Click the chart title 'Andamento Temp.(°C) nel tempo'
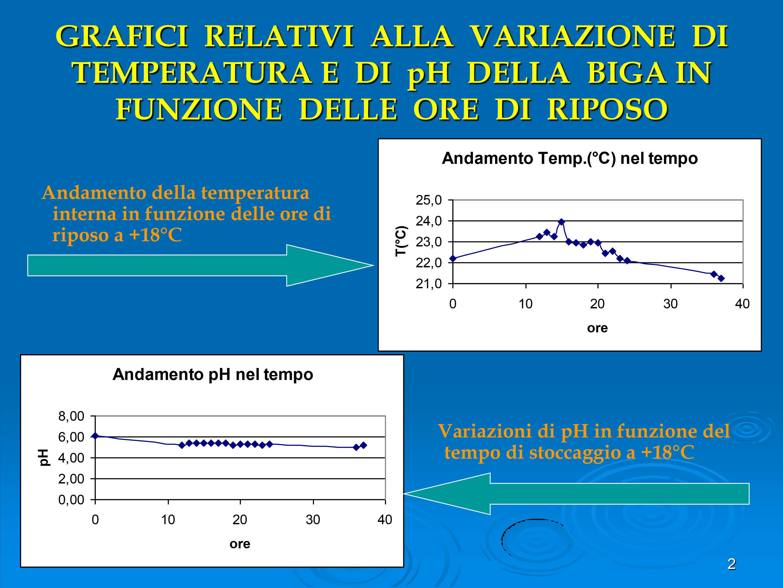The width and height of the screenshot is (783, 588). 570,158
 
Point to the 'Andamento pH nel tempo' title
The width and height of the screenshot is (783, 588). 213,375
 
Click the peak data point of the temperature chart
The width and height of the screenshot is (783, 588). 561,222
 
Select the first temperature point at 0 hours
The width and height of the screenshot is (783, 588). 453,258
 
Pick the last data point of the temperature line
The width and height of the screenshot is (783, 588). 721,278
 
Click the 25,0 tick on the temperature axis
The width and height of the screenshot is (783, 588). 429,200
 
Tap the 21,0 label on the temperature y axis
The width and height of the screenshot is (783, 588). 429,284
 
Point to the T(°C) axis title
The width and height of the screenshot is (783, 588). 401,241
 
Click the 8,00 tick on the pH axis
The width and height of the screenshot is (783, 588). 71,416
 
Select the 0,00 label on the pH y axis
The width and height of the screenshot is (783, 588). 71,500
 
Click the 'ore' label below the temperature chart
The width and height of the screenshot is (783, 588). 597,328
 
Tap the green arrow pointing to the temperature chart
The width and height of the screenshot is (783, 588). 201,265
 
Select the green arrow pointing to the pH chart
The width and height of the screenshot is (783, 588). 576,493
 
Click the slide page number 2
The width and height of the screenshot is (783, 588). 732,564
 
